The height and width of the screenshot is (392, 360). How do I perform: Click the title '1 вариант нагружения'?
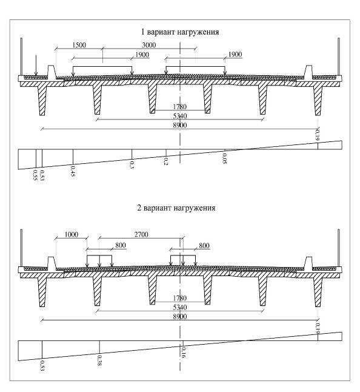tap(180, 32)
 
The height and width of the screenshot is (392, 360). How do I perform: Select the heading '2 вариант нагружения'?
tap(176, 208)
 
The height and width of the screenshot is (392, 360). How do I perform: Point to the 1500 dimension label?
tap(79, 45)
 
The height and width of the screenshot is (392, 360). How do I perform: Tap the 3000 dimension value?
tap(149, 45)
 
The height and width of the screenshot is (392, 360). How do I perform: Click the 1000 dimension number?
tap(72, 234)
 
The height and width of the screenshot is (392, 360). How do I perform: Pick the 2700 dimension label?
tap(141, 234)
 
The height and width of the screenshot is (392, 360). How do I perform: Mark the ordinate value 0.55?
tap(35, 175)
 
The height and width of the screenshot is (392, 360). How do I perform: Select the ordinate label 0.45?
tap(73, 172)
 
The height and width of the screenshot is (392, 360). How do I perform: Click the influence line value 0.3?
tap(132, 164)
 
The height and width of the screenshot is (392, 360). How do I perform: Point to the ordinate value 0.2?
tap(166, 161)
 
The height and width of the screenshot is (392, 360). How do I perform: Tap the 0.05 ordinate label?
tap(224, 158)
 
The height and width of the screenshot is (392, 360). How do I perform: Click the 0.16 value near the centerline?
tap(184, 352)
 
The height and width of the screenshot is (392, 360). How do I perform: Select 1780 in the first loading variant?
tap(180, 107)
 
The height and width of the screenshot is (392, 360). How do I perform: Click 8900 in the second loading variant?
tap(180, 317)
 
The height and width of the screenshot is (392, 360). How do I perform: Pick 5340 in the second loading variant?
tap(180, 307)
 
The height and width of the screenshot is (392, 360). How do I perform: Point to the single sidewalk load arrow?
tap(36, 66)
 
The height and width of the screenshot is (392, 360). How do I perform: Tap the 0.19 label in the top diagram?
tap(318, 135)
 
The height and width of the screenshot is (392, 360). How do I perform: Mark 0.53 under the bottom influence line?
tap(42, 366)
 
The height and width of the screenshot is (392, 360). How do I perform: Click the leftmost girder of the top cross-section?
tap(42, 98)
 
